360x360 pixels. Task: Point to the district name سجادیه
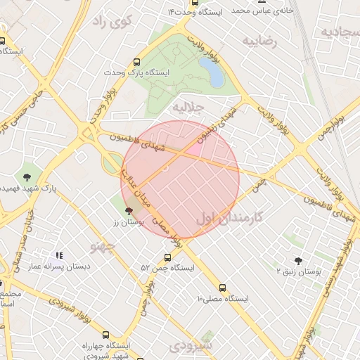click(x=340, y=32)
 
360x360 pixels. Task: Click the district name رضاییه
click(x=261, y=41)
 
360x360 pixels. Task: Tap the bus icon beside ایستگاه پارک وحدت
click(x=136, y=62)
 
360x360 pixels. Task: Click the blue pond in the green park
click(x=211, y=72)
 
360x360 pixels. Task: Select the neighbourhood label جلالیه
click(x=189, y=108)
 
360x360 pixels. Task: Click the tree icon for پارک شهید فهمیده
click(x=27, y=176)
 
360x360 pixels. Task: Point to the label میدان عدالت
click(x=137, y=187)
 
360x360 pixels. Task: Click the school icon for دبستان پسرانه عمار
click(x=60, y=255)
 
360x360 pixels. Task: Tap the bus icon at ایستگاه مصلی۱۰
click(x=223, y=288)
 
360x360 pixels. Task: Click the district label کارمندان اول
click(x=229, y=218)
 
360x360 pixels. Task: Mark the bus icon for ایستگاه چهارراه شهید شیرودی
click(x=105, y=335)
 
